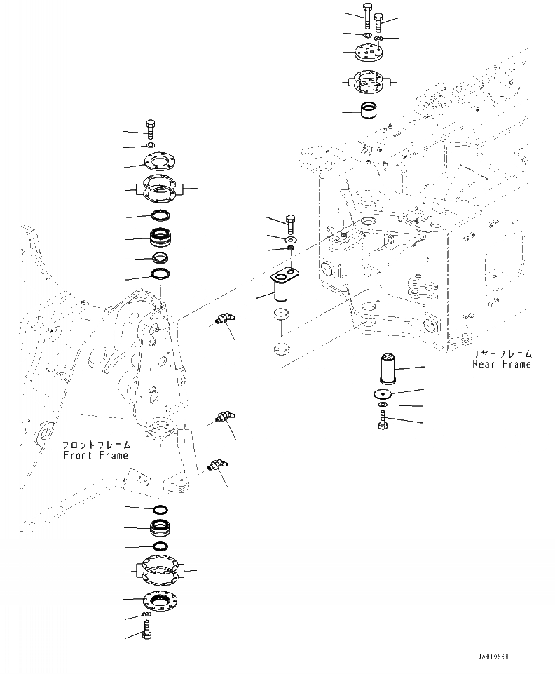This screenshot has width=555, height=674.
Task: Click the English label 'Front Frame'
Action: (x=95, y=455)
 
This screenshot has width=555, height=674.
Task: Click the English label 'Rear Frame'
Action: (x=501, y=364)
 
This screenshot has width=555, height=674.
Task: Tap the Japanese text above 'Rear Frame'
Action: (x=501, y=353)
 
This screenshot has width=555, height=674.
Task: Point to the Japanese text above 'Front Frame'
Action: (x=95, y=445)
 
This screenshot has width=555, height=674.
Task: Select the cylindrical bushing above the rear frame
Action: (x=369, y=111)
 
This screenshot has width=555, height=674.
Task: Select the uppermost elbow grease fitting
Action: (x=224, y=320)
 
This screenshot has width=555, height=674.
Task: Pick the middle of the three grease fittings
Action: (x=224, y=419)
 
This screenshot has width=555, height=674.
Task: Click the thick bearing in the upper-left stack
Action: (x=163, y=238)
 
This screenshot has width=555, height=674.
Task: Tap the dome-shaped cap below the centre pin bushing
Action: (x=280, y=347)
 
